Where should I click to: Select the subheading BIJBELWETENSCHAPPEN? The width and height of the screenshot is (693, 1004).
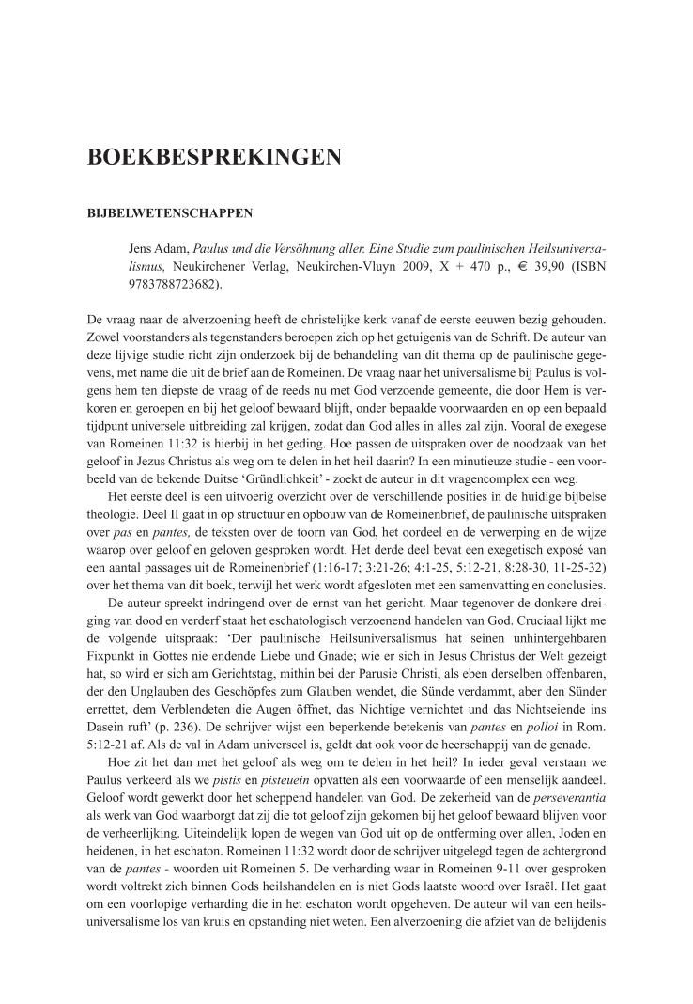point(170,212)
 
